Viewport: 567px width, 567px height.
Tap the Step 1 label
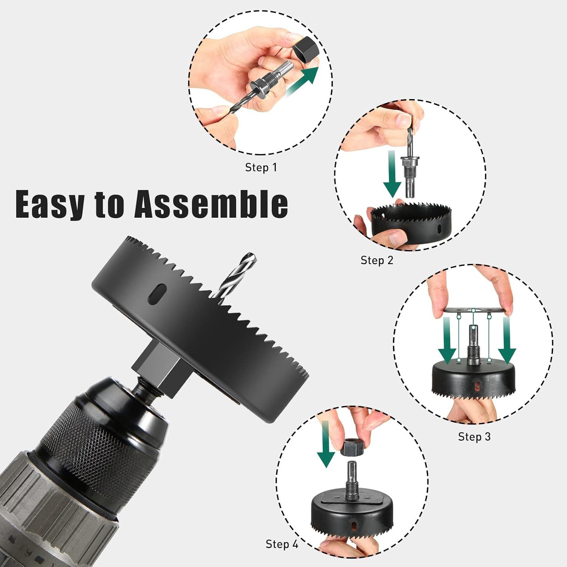[x=261, y=167]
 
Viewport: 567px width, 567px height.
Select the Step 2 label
[x=377, y=260]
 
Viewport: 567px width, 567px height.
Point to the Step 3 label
[x=474, y=437]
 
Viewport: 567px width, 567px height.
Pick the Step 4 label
[x=282, y=544]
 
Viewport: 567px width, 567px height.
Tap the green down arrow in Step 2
[x=392, y=174]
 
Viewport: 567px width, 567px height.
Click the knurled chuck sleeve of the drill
[x=98, y=435]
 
